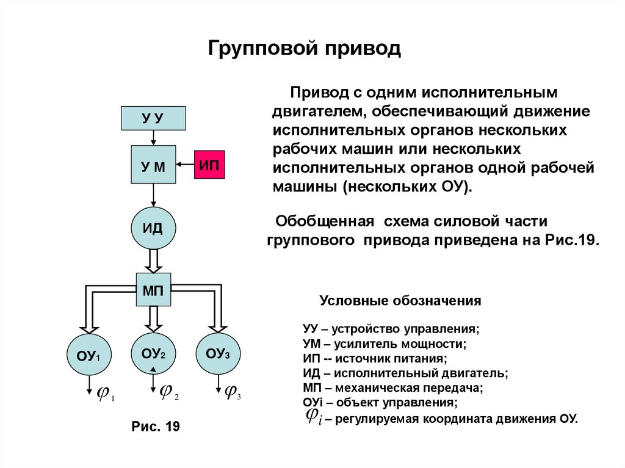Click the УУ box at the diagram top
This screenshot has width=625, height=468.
coord(153,117)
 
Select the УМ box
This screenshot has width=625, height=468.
coord(153,164)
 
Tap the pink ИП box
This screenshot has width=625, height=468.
coord(209,164)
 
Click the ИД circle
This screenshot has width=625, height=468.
coord(153,228)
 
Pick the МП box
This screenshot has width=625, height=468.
coord(153,289)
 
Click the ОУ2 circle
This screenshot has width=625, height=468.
coord(153,353)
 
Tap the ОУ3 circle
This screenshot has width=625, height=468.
coord(218,353)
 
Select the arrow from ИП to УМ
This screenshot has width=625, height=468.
coord(185,164)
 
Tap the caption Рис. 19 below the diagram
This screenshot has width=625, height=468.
coord(156,426)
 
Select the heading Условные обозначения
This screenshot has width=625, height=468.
coord(401,301)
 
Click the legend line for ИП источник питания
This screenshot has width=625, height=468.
coord(375,358)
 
